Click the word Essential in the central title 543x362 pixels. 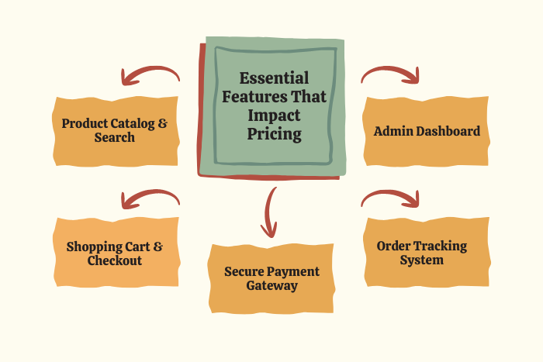coord(274,78)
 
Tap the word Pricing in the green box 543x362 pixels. coord(275,133)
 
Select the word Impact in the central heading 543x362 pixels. coord(274,115)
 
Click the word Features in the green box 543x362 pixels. coord(248,97)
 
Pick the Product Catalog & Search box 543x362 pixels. coord(116,130)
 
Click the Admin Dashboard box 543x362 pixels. coord(427,131)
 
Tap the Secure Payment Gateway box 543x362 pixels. coord(271,278)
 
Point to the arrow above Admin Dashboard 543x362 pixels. coord(391,74)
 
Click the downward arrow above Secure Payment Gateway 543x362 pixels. coord(270,211)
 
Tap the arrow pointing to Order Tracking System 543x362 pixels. coord(391,198)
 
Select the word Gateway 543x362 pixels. coord(271,285)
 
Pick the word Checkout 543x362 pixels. coord(115,261)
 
